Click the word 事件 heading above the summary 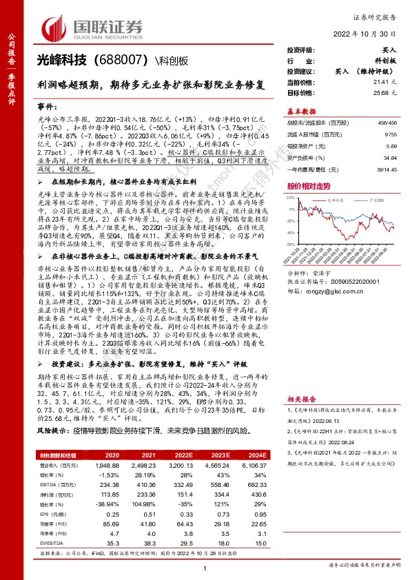[x=47, y=108]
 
